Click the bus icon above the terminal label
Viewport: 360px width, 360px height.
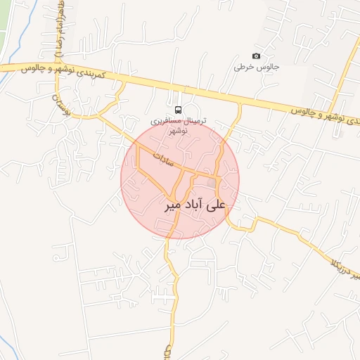178,110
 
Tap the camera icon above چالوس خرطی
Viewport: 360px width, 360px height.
256,56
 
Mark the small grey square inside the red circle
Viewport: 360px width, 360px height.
211,184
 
